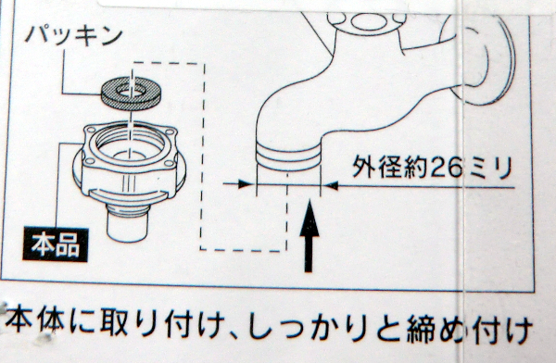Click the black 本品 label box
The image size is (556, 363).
pos(56,245)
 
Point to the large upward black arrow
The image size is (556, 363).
pos(310,236)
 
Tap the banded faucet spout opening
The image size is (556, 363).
pos(288,156)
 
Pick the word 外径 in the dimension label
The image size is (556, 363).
pos(377,167)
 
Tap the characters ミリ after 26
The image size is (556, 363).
pos(490,168)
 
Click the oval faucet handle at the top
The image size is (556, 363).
pos(369,22)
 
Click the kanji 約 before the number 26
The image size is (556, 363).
pos(416,167)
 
